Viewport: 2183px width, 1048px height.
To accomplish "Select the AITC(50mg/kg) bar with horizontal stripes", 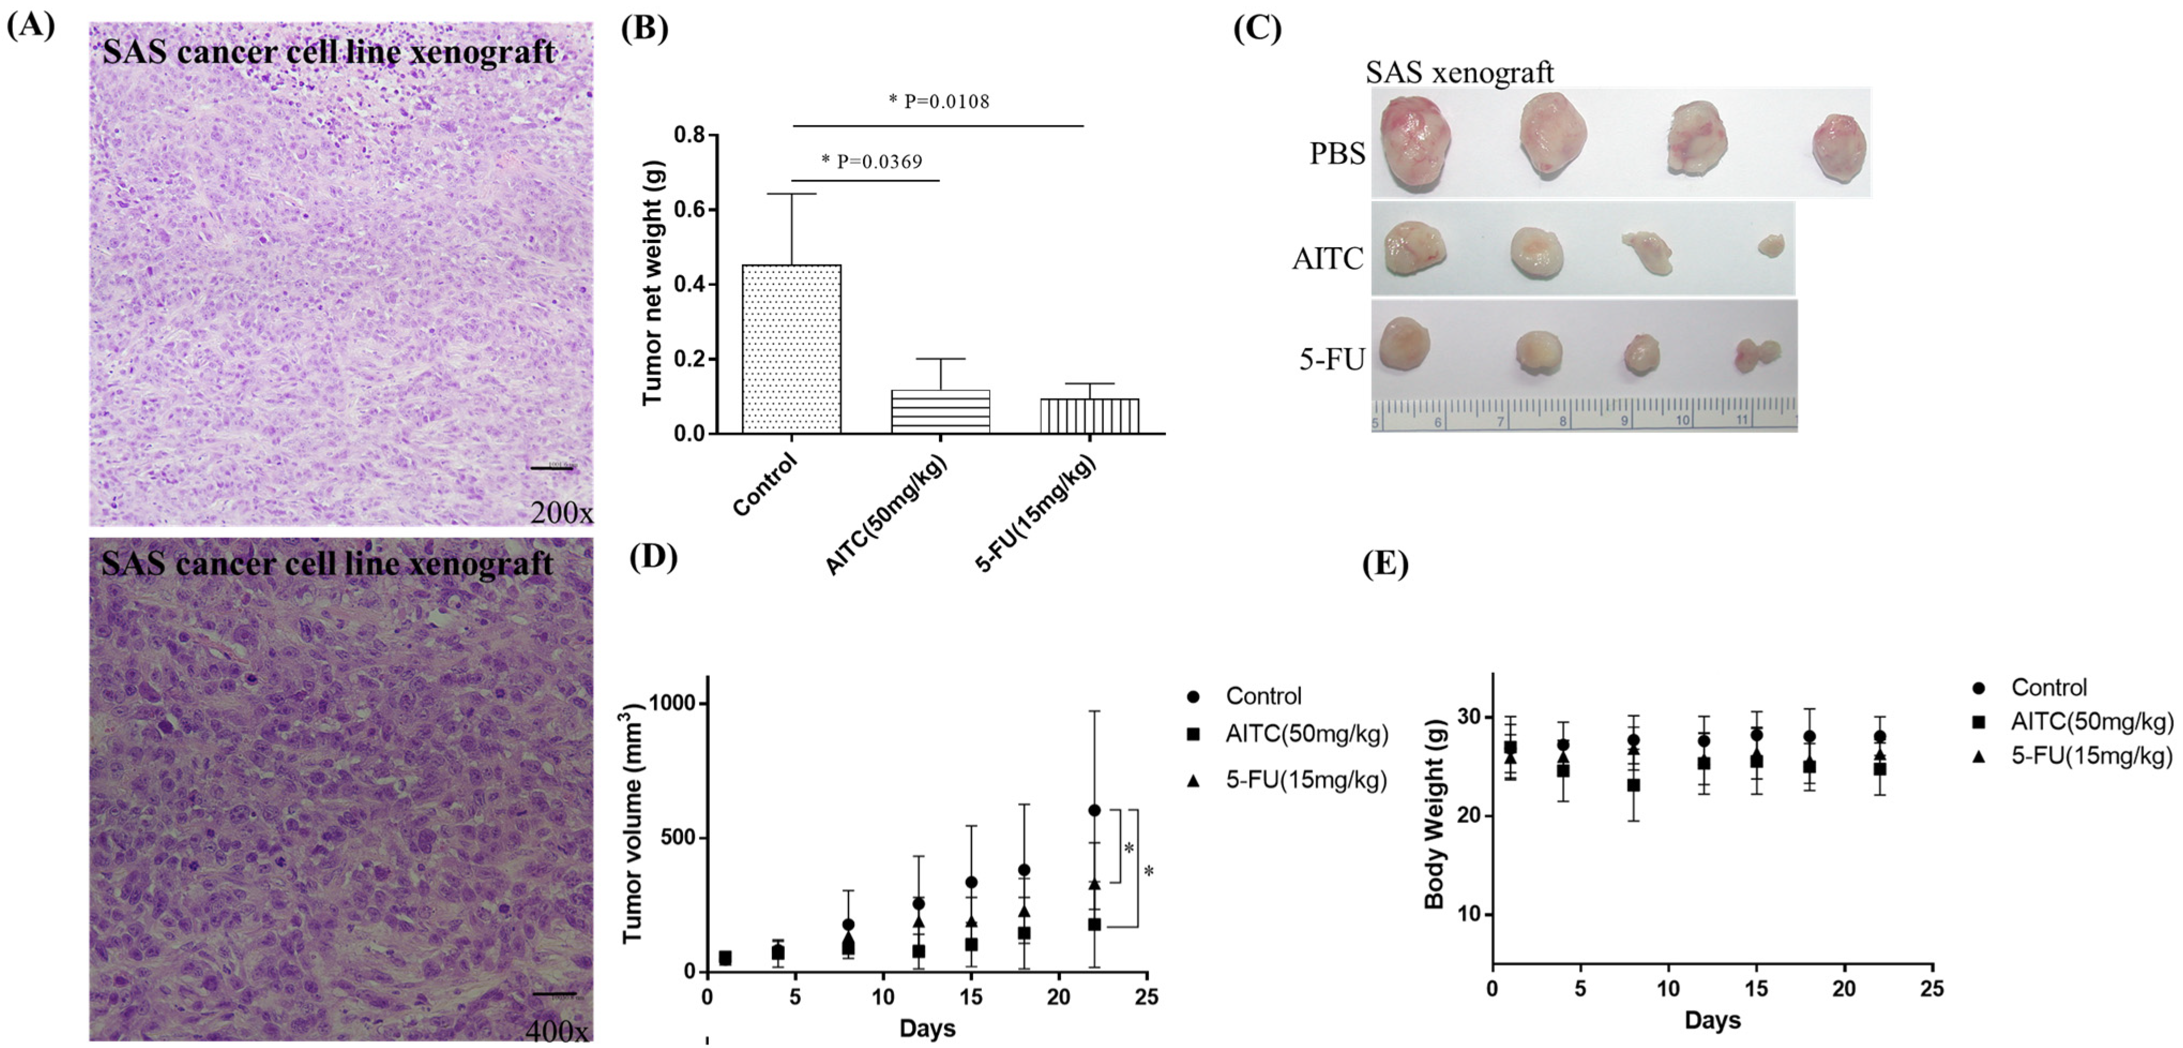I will click(940, 412).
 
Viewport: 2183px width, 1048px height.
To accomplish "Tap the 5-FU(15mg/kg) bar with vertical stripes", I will click(1089, 416).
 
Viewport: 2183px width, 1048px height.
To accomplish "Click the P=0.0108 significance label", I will click(939, 102).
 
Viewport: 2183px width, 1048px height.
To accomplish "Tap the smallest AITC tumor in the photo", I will click(1770, 246).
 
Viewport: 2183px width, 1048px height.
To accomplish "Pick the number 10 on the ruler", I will click(1681, 420).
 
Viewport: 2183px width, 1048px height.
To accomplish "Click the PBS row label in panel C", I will click(1337, 154).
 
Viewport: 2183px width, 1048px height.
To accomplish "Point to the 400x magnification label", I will click(557, 1031).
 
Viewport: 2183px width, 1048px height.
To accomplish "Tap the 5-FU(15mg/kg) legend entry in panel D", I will click(1305, 780).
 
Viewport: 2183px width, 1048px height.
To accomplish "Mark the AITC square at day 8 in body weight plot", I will click(1633, 785).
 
